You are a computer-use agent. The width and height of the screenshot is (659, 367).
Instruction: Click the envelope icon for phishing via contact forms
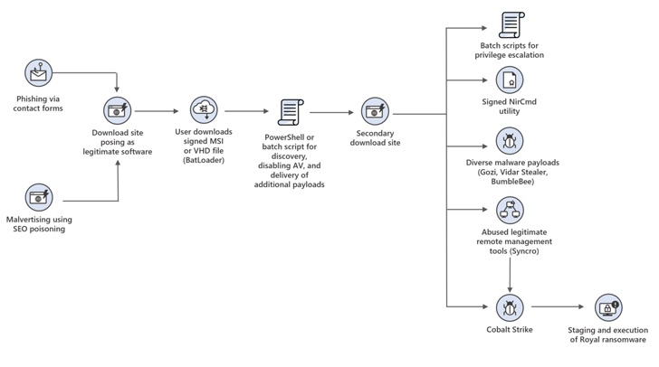[39, 71]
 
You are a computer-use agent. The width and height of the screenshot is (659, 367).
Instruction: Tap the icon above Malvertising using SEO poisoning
[39, 196]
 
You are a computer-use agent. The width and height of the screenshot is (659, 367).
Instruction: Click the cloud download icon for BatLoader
[204, 110]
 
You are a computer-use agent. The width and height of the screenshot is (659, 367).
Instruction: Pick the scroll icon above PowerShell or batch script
[290, 112]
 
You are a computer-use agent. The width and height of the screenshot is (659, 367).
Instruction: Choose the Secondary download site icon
[376, 111]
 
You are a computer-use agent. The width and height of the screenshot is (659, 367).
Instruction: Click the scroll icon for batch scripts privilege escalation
[510, 25]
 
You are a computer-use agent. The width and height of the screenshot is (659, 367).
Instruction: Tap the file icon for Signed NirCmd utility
[510, 81]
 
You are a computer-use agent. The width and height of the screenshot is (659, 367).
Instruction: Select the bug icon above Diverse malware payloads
[510, 141]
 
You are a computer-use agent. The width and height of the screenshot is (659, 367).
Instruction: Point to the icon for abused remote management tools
[510, 211]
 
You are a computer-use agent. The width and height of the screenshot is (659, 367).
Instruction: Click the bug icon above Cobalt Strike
[510, 306]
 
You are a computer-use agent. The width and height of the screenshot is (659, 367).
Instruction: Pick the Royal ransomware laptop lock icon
[607, 307]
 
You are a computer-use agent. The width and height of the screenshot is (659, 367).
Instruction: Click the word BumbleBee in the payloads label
[511, 182]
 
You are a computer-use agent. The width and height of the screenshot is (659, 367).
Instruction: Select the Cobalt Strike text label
[510, 330]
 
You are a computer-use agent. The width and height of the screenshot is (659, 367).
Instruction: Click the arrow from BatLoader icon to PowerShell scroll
[246, 111]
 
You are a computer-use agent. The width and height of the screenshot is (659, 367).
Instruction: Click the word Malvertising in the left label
[28, 220]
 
